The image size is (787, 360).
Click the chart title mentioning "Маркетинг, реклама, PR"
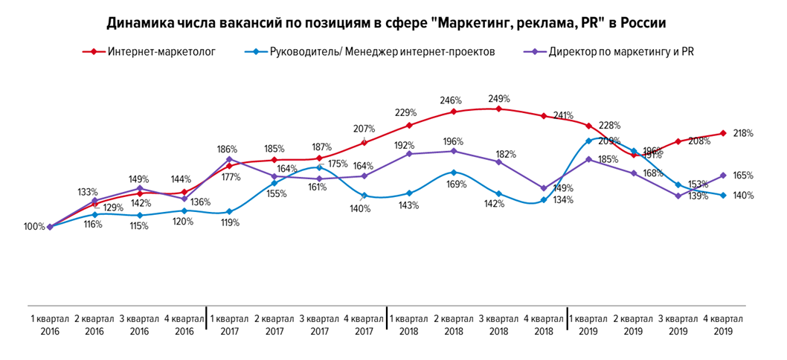[x=386, y=23]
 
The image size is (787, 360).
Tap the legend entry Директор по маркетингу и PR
[x=620, y=52]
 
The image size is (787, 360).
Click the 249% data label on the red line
[x=498, y=99]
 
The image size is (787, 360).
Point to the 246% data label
[x=452, y=100]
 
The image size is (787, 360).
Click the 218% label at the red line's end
[x=742, y=134]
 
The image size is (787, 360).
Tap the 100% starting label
[x=34, y=227]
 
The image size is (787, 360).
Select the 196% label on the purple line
[x=453, y=141]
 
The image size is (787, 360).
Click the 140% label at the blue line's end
[x=742, y=196]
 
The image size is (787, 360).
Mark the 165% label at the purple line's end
[x=742, y=176]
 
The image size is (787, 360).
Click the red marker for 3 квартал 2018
[x=498, y=109]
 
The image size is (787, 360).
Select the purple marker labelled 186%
[x=229, y=158]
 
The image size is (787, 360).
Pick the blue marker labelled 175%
[x=319, y=167]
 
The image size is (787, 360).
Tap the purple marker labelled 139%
[x=678, y=196]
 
